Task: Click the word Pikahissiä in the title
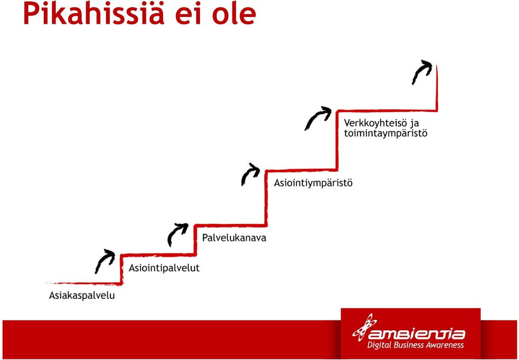[94, 14]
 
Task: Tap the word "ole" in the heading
[234, 14]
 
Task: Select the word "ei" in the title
[188, 14]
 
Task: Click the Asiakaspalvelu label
[82, 295]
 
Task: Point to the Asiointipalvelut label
[164, 268]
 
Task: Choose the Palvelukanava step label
[234, 238]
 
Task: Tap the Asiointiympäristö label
[313, 183]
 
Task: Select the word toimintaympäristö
[385, 134]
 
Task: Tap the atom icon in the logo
[364, 328]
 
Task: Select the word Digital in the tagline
[380, 345]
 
